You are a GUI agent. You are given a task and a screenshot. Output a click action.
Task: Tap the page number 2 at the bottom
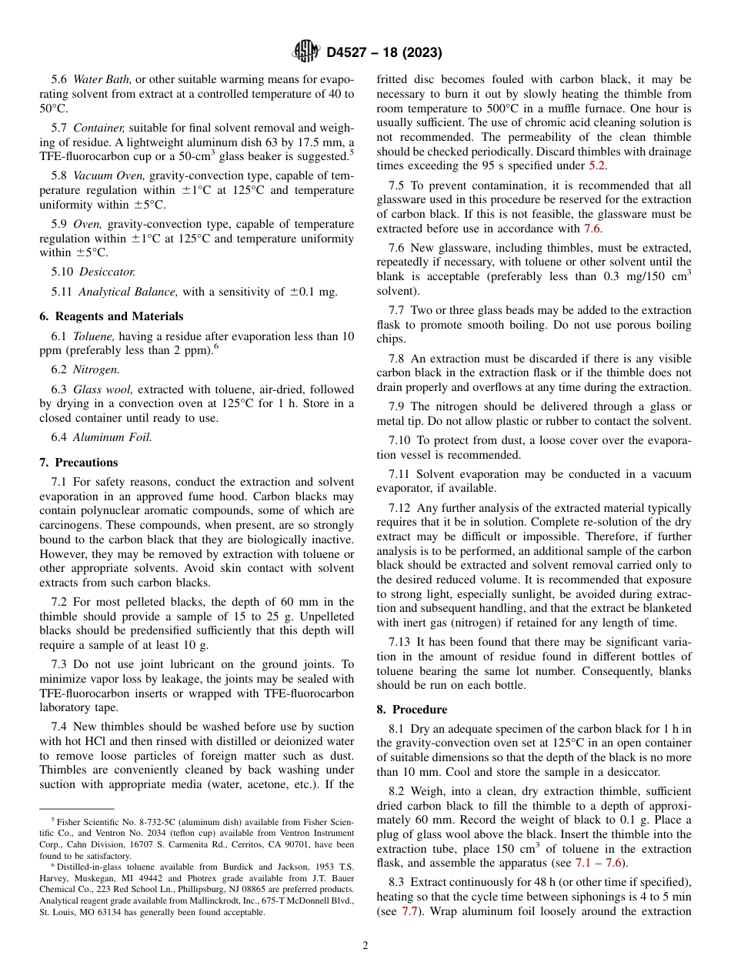365,946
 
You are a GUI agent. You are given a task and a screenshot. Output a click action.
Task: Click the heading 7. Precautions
78,463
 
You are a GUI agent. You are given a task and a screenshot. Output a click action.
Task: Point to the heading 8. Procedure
412,710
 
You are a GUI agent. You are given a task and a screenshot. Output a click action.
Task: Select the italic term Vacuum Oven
108,175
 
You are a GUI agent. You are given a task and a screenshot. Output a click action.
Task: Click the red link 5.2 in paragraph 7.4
597,165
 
